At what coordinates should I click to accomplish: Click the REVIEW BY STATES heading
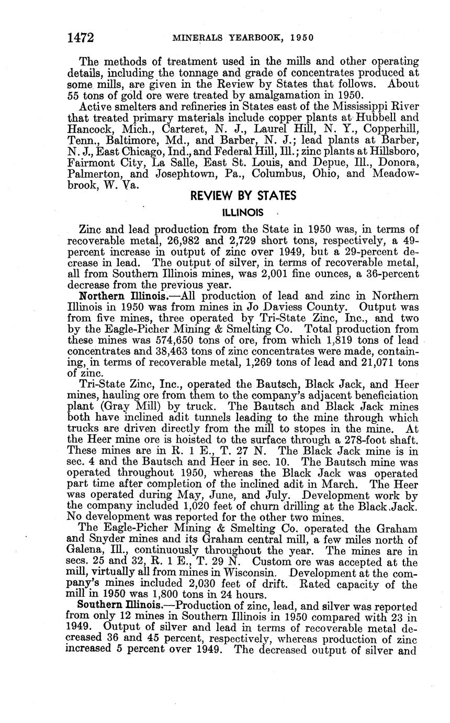pos(243,196)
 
